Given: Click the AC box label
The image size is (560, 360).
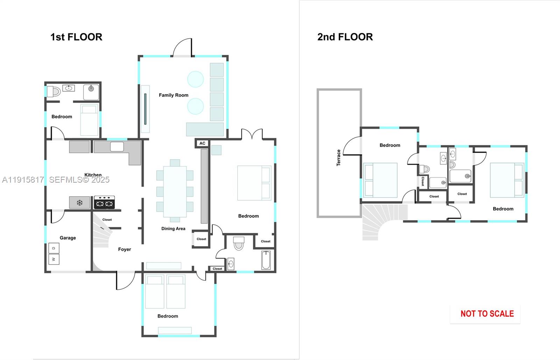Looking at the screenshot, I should [x=202, y=143].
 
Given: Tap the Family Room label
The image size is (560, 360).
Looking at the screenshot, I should [x=174, y=95].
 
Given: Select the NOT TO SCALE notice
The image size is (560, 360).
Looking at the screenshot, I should [x=487, y=314].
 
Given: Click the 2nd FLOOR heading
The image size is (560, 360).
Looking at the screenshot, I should [x=345, y=37].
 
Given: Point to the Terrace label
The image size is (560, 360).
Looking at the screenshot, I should [x=338, y=158].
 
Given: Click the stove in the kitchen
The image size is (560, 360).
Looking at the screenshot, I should [x=104, y=203].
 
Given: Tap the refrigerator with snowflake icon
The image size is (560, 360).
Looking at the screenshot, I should [x=79, y=203].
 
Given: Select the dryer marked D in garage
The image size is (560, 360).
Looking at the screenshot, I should [x=54, y=248].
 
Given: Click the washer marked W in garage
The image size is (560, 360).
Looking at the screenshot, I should [x=54, y=259].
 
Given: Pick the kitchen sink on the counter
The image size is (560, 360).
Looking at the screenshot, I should [x=117, y=147].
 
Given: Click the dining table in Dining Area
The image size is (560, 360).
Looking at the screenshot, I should [x=175, y=191].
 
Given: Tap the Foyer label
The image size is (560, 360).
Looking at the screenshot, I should [x=125, y=249].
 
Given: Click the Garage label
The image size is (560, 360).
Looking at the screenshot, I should [x=68, y=238].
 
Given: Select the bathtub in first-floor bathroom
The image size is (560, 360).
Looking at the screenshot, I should [x=266, y=260].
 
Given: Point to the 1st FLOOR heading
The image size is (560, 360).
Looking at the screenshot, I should [x=76, y=37].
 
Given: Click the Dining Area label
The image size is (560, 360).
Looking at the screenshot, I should [x=173, y=229].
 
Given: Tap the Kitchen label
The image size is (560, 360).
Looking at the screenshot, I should [x=93, y=175].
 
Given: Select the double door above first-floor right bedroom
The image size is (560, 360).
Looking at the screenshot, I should [x=252, y=135].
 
